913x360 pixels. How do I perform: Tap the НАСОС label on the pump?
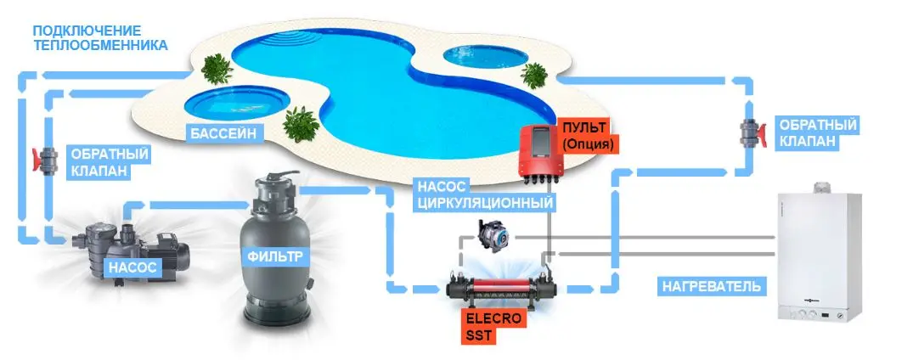click(x=130, y=267)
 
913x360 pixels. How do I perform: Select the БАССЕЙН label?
click(x=223, y=132)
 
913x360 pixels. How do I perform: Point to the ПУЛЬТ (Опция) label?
click(x=587, y=137)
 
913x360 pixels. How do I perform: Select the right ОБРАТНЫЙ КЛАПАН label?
click(x=805, y=134)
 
